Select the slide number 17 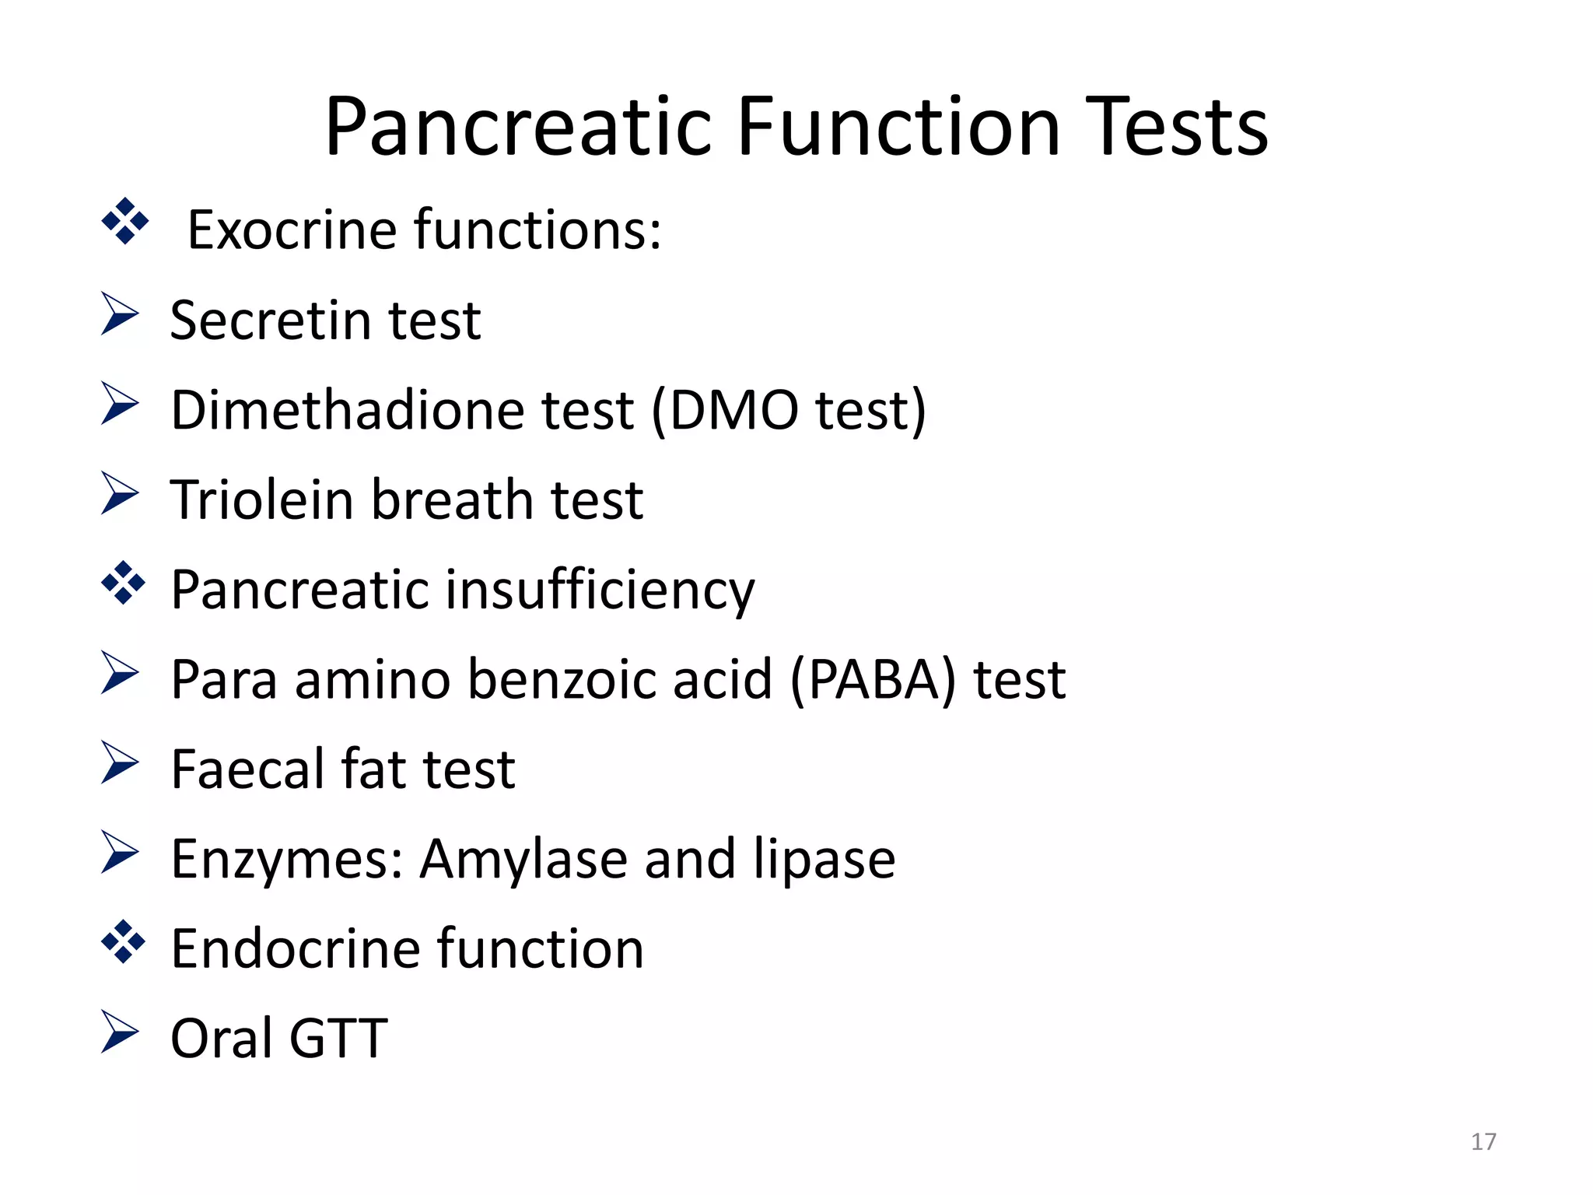click(x=1483, y=1141)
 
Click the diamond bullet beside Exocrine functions click(x=124, y=223)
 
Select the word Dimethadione click(x=347, y=410)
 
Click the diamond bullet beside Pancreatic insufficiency click(x=124, y=583)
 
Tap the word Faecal click(x=247, y=769)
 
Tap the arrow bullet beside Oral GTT click(x=120, y=1032)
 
